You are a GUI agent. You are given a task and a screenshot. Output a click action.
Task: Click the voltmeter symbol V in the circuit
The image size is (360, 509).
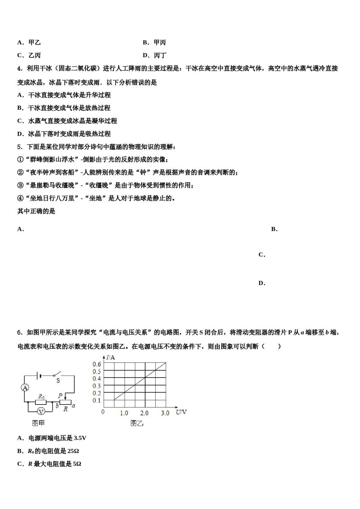pos(41,411)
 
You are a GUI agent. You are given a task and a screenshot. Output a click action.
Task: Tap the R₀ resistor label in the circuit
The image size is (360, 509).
pos(41,397)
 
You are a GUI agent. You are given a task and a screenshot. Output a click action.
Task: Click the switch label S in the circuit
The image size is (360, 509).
pos(58,381)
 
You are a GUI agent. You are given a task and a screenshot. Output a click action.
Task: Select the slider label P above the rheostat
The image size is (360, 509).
pos(60,396)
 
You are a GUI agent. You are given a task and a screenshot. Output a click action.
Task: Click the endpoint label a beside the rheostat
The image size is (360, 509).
pos(73,405)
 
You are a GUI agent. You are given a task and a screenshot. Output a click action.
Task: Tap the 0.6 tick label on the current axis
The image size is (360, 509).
pos(97,364)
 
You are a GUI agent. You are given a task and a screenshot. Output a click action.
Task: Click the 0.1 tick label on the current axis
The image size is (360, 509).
pos(97,400)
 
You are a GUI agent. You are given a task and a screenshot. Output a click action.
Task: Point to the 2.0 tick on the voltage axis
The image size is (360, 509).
pos(144,413)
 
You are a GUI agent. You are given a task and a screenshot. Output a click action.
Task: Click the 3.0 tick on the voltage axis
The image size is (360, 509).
pos(165,413)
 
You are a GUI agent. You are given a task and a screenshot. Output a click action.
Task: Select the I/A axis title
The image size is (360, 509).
pos(111,357)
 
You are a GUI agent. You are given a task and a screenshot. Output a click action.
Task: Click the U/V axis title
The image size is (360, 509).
pos(181,412)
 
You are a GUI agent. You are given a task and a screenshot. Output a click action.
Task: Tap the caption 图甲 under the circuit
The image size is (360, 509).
pos(38,423)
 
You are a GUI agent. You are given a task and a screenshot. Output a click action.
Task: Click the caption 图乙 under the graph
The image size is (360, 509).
pos(137,423)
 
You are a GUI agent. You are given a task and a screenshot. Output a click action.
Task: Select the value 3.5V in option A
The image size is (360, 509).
pos(80,438)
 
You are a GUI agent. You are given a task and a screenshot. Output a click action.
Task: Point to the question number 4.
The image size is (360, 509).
pos(20,69)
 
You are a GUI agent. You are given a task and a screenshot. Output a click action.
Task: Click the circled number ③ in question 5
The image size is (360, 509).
pos(20,185)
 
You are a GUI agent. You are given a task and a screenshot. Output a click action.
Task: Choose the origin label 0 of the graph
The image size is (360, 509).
pos(103,412)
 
